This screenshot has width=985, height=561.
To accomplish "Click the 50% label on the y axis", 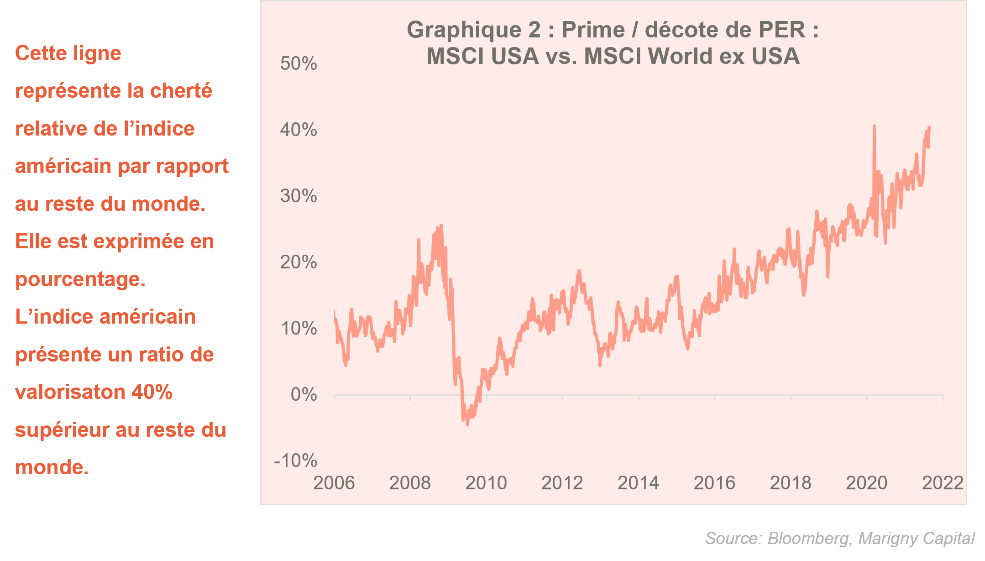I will (299, 64).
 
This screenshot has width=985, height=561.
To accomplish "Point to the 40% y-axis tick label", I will (299, 130).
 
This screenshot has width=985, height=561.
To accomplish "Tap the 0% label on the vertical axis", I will (304, 394).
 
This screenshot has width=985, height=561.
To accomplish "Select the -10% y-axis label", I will (295, 461).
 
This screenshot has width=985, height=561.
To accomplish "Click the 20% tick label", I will (299, 262).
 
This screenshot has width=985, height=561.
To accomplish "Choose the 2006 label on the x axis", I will (334, 483).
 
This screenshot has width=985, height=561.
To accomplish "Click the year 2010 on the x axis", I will (486, 483).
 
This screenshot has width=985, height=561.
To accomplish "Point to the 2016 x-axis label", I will (714, 483).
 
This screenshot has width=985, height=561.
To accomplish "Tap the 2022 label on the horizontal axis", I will (943, 483).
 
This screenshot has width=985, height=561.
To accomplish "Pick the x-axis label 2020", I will (866, 483).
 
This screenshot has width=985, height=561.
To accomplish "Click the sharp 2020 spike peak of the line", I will (874, 126).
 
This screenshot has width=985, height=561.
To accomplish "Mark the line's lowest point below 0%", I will (467, 424).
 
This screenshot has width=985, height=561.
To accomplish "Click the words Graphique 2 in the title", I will (473, 30).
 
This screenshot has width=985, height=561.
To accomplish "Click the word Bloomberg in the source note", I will (808, 539).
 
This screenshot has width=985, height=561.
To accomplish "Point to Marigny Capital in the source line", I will (916, 539).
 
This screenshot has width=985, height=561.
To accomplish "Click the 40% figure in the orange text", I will (152, 392).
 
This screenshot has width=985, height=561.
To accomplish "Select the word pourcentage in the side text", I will (80, 279).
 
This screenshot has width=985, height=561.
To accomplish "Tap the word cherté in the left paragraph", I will (181, 91).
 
